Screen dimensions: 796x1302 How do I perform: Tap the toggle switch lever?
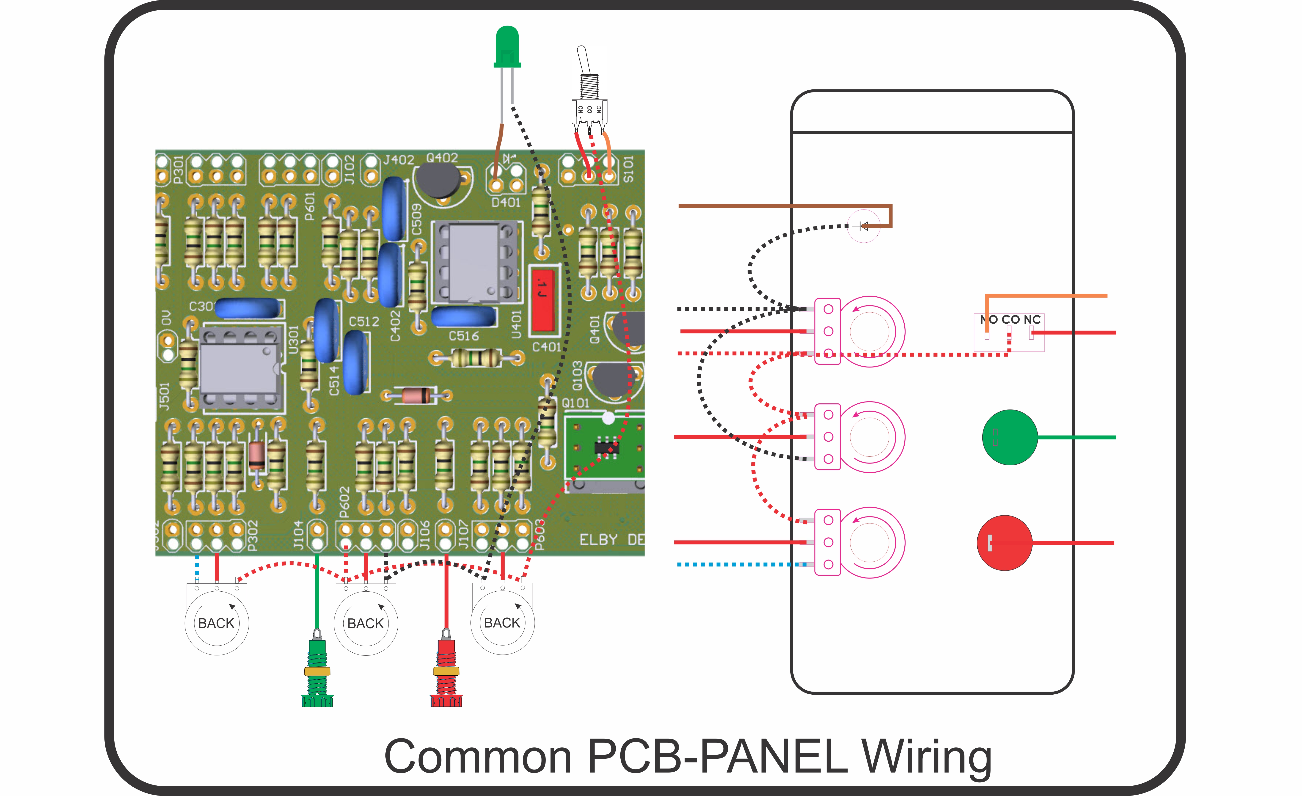point(583,61)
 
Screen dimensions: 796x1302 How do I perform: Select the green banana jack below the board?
point(317,671)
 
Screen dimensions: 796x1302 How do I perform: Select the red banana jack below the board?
point(446,671)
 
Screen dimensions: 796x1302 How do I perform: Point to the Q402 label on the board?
point(442,158)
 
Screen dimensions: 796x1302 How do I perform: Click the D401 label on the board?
point(506,202)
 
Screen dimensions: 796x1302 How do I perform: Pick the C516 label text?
point(463,336)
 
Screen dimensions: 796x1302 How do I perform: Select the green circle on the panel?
point(1009,437)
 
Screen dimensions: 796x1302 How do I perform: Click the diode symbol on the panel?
point(863,226)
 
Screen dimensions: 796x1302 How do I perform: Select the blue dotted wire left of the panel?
point(740,565)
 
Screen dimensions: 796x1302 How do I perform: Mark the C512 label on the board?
point(364,321)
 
